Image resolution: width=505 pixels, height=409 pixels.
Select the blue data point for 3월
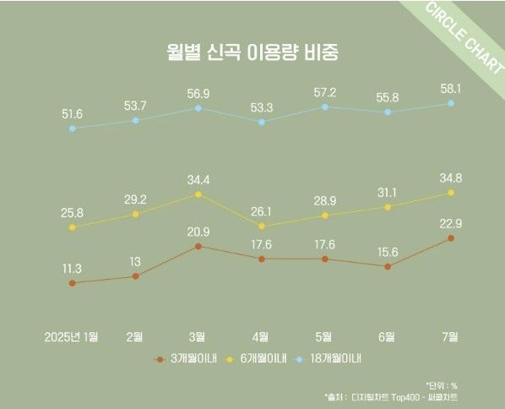point(198,108)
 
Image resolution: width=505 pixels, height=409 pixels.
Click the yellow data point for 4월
point(261,226)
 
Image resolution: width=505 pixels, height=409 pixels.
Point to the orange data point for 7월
point(451,238)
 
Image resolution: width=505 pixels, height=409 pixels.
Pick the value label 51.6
point(72,112)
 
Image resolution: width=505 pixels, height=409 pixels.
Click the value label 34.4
point(198,179)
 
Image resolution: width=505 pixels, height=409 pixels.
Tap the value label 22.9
point(451,222)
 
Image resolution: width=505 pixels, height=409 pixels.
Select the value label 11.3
point(72,268)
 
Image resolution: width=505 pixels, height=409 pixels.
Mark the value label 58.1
point(451,87)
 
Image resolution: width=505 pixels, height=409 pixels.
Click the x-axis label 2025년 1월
point(72,336)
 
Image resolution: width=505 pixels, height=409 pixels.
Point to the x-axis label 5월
point(324,336)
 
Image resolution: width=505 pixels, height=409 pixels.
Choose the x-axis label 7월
point(451,336)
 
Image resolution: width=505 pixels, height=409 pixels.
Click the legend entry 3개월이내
point(190,358)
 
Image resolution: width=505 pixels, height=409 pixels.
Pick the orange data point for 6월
point(388,266)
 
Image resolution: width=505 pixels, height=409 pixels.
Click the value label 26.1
point(261,211)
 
